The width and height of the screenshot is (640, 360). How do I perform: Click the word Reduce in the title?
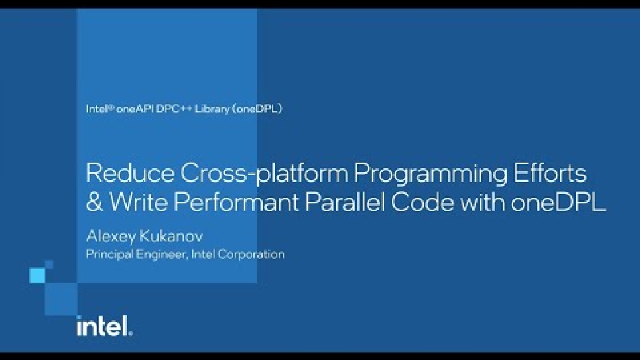(x=130, y=173)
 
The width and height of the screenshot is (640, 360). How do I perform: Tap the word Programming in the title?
(x=430, y=174)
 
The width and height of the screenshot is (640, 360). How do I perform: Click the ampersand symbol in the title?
(x=94, y=202)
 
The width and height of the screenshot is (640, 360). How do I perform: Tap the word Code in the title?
(x=422, y=202)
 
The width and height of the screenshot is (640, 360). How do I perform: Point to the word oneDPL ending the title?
(x=558, y=202)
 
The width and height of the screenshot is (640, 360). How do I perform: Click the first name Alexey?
(x=110, y=237)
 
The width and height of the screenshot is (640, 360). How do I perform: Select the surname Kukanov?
(x=170, y=236)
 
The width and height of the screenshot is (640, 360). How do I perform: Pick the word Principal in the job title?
(x=109, y=255)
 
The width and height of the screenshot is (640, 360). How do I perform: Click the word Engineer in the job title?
(x=162, y=255)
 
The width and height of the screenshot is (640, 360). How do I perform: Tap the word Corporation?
(x=251, y=255)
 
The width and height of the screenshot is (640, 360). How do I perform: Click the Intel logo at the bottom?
(x=105, y=326)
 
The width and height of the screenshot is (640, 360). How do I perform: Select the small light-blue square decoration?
(x=37, y=276)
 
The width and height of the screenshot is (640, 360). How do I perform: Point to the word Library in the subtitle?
(x=212, y=109)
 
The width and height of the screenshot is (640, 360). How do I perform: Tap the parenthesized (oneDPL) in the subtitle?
(x=257, y=109)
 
